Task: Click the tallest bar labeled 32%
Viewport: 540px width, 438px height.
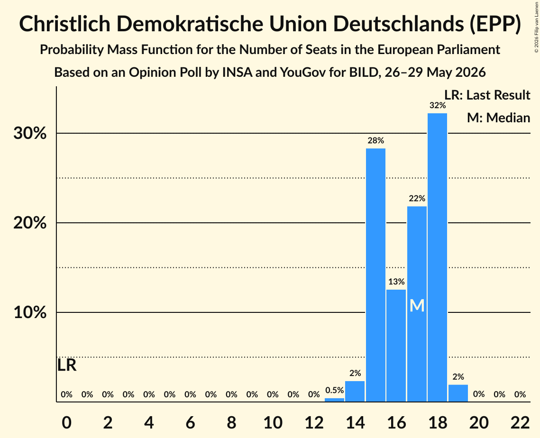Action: [438, 257]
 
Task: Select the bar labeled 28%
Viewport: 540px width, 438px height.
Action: [376, 275]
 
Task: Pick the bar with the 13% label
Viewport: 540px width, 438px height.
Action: [396, 346]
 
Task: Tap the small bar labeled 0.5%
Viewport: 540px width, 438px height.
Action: [334, 400]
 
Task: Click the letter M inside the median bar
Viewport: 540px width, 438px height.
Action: [417, 305]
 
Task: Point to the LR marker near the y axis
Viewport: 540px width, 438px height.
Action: [66, 365]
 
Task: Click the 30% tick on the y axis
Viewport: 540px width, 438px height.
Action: [30, 133]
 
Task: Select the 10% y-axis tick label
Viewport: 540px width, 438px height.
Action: [30, 313]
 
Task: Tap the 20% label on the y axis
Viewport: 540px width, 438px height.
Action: [30, 223]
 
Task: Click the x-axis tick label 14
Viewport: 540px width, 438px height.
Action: [355, 422]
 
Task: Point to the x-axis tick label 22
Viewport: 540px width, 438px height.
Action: [520, 422]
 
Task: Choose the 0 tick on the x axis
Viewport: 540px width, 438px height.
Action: [66, 422]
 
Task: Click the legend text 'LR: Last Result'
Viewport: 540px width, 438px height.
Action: [487, 95]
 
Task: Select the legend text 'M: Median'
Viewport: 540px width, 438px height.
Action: [498, 118]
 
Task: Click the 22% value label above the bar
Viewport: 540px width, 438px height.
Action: [417, 198]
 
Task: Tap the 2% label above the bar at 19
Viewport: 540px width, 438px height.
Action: [458, 377]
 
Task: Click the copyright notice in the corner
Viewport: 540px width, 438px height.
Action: [537, 27]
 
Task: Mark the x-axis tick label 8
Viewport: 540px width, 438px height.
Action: [231, 422]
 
